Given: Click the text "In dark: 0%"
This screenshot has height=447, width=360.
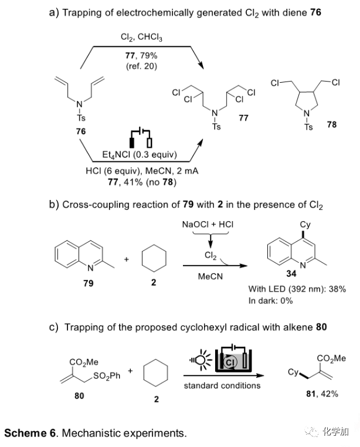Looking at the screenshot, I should click(271, 300).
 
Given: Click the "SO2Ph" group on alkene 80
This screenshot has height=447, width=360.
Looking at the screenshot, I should click(107, 376).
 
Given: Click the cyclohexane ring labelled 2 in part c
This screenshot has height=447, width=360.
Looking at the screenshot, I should click(157, 372).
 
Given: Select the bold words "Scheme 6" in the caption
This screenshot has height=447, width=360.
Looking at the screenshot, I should click(30, 433).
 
